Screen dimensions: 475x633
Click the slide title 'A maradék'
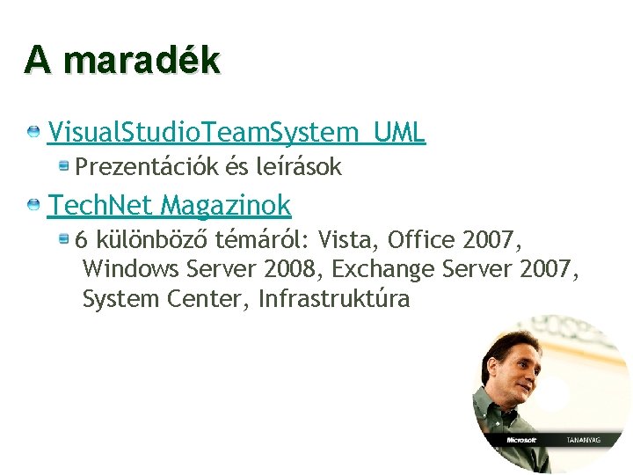point(122,60)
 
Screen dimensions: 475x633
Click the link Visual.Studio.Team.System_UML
point(236,133)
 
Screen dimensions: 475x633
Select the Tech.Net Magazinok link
point(169,206)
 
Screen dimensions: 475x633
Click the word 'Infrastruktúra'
point(334,300)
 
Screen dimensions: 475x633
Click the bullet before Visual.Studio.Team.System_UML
point(33,132)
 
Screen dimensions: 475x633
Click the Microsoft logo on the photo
point(523,438)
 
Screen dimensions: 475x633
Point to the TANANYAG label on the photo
point(581,438)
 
